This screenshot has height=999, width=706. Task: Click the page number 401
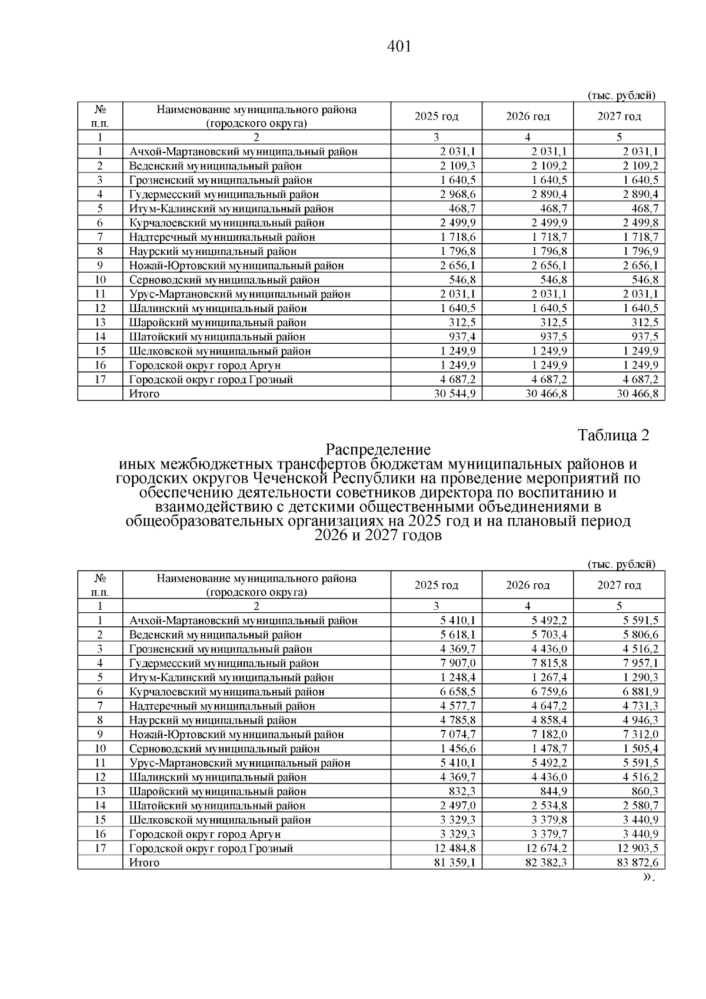pos(399,47)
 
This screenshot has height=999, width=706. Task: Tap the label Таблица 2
pos(614,435)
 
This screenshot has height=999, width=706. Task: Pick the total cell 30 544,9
pos(454,394)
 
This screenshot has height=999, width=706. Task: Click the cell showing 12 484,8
pos(454,848)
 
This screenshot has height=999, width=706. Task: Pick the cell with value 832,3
pos(463,792)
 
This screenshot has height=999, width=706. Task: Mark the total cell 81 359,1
pos(454,862)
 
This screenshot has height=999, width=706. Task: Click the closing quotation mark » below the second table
pos(647,877)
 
